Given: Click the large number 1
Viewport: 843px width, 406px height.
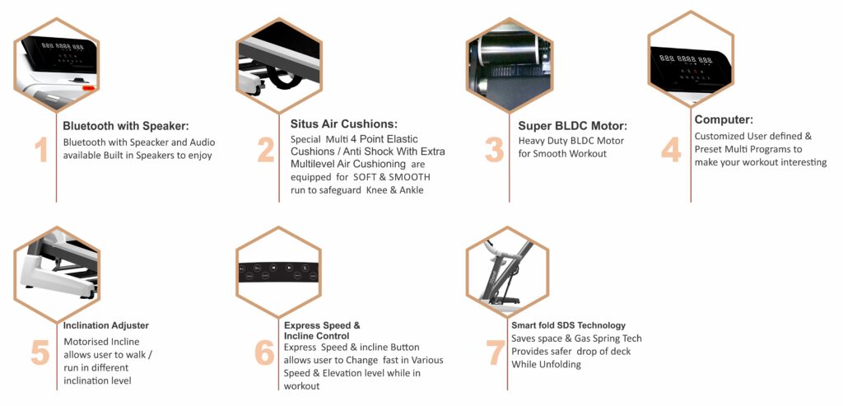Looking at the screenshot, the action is pos(41,150).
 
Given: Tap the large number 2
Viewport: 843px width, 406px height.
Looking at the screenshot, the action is pos(266,150).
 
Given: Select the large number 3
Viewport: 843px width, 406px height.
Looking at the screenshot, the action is pos(494,150).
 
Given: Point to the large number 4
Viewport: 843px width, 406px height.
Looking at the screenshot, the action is pos(671,150).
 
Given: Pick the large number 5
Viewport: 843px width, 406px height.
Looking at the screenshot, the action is pos(40,352).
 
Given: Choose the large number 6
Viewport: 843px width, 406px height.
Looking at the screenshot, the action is pos(264,352).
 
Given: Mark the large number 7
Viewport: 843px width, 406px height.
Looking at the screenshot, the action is pos(496,352).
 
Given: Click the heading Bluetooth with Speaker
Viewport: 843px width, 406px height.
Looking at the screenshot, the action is pos(126,126).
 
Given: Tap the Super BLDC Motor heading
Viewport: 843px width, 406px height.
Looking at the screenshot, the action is pos(573,126).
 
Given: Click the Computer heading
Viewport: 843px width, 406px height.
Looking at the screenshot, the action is pos(724,119).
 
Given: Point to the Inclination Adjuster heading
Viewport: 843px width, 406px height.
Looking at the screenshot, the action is pos(106,325).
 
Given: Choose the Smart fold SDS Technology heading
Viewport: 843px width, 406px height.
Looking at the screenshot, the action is pos(568,325).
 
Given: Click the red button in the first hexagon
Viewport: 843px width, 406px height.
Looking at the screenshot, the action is pos(88,87).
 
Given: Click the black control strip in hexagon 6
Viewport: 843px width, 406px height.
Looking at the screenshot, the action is pos(278,272).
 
